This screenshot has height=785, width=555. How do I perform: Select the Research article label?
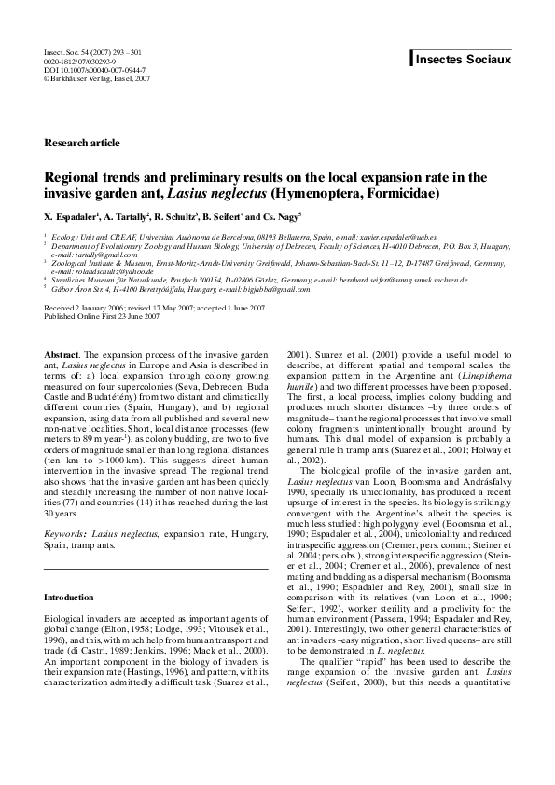[82, 143]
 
